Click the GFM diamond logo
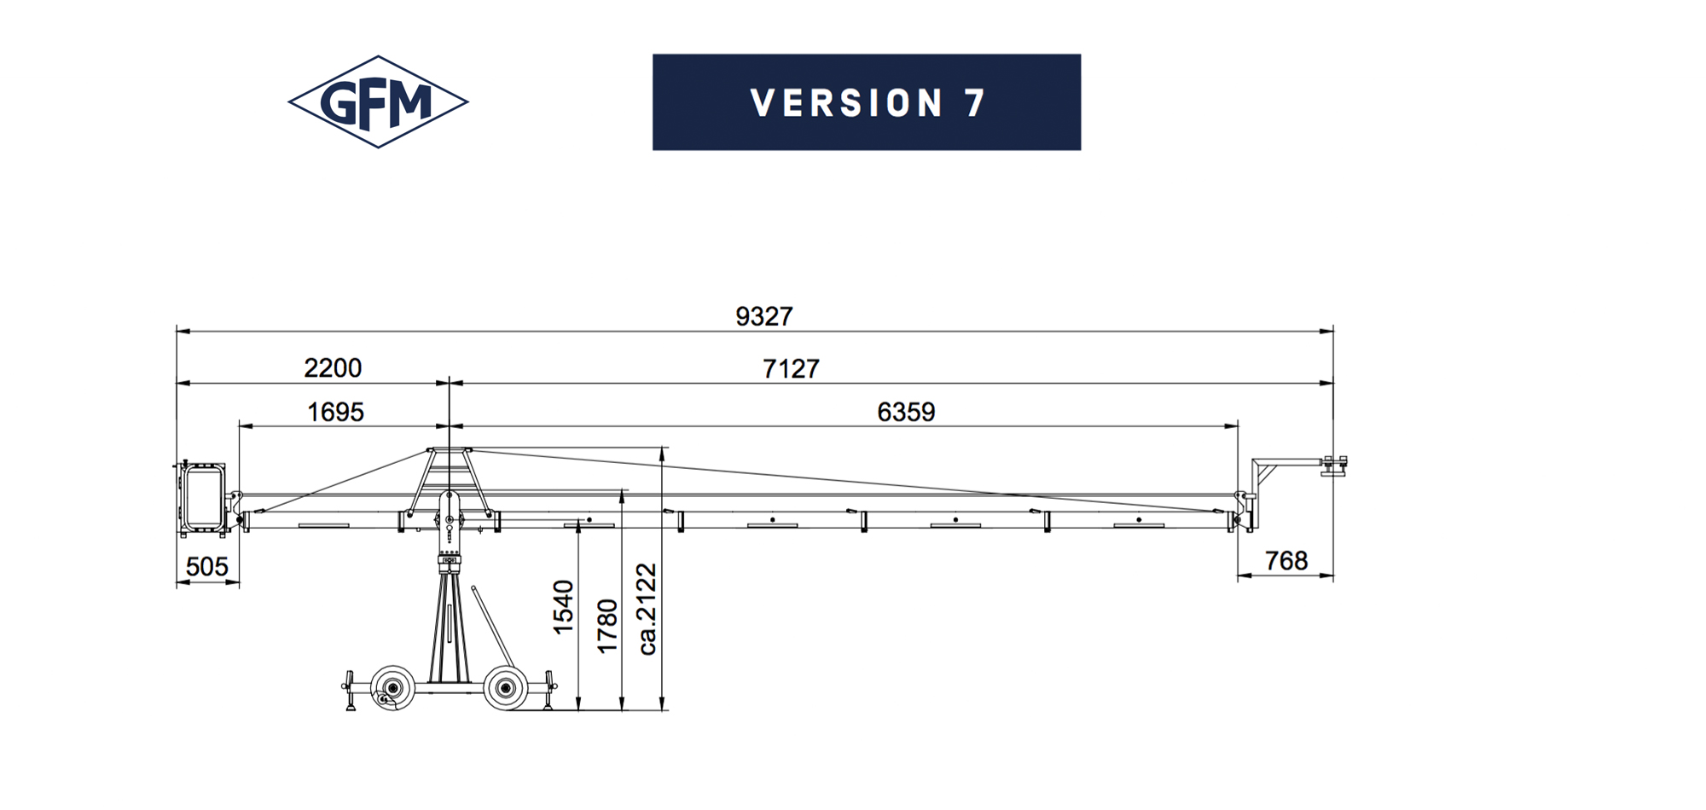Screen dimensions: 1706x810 point(378,102)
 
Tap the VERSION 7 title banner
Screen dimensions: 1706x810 point(867,102)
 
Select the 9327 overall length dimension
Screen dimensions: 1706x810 point(764,316)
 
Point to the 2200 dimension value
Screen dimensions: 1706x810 point(333,367)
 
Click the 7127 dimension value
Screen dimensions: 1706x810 point(791,368)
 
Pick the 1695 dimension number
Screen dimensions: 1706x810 point(335,412)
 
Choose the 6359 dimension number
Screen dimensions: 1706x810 point(906,412)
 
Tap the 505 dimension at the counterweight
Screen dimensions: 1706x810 point(207,566)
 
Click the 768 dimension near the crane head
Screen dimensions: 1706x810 point(1286,560)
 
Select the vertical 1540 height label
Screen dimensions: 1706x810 point(563,607)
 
